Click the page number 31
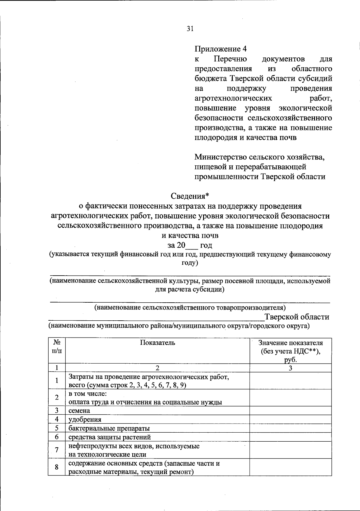[190, 29]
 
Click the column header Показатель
[157, 343]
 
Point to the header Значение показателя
[290, 343]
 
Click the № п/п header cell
[57, 347]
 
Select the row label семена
[79, 410]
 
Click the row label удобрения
[85, 419]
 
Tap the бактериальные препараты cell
[109, 428]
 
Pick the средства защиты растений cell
[110, 437]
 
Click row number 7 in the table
[57, 450]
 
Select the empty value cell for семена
[290, 410]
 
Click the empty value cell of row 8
[290, 467]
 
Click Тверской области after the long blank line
[296, 317]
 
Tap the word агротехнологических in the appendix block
[233, 98]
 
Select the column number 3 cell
[290, 368]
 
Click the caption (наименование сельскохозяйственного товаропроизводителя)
[190, 307]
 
